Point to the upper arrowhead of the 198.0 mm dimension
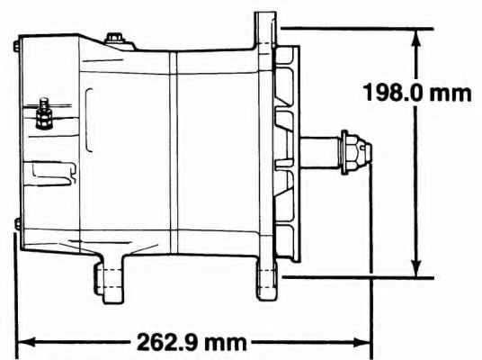point(416,37)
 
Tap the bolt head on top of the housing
point(113,38)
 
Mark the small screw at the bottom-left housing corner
point(18,223)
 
